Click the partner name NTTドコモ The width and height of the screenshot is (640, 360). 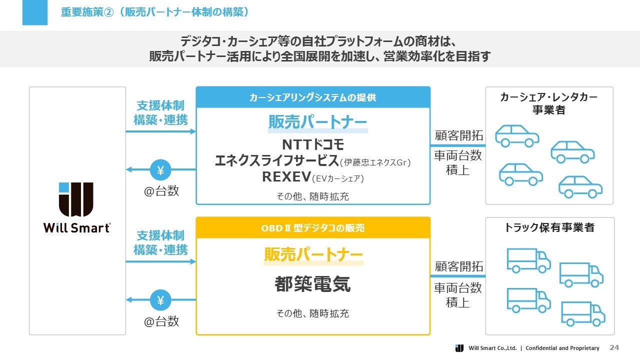coord(313,145)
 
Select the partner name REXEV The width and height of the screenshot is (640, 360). coord(286,177)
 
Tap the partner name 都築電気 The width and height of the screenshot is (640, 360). coord(312,284)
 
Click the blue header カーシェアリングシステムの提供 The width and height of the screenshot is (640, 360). coord(312,97)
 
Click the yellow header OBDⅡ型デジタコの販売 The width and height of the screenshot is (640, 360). coord(312,228)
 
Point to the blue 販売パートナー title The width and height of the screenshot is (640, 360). coord(317,122)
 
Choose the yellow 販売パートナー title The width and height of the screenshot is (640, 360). coord(313,255)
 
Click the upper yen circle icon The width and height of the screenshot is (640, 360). coord(161,170)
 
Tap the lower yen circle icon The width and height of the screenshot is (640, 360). coord(161,300)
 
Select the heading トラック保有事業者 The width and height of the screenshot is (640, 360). coord(549,227)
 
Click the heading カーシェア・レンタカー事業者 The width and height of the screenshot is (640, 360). coord(549,103)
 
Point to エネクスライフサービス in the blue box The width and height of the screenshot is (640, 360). coord(276,161)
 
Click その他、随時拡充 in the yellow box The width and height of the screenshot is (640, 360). coord(312,313)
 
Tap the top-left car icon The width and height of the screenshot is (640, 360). coord(517,135)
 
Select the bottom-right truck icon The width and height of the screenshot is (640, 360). coord(583,313)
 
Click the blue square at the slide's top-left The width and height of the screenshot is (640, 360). coord(35,12)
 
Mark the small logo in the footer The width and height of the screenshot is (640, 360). coord(459,348)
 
